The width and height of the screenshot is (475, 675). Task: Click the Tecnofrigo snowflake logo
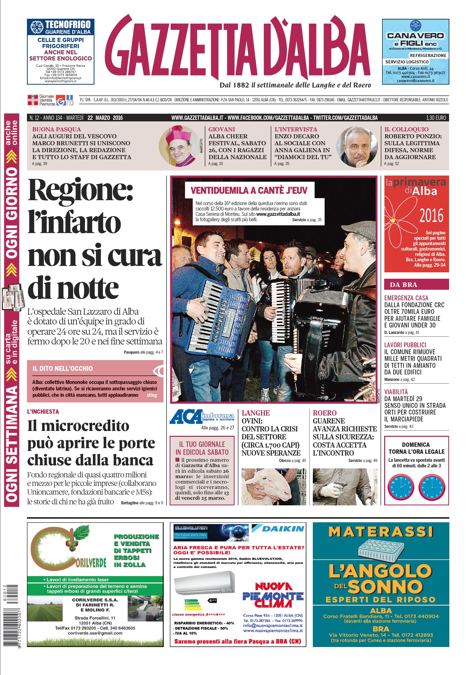[37, 27]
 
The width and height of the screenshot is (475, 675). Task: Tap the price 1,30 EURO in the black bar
[436, 118]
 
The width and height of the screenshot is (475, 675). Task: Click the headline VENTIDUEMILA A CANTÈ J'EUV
[249, 190]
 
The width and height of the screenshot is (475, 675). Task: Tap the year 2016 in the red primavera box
[431, 216]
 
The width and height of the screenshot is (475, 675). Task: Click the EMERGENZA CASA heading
[406, 298]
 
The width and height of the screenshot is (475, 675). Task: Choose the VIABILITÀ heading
[396, 392]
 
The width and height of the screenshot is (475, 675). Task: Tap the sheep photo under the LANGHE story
[273, 487]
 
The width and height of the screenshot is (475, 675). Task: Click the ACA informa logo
[202, 416]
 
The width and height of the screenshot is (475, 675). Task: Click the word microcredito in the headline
[85, 426]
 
